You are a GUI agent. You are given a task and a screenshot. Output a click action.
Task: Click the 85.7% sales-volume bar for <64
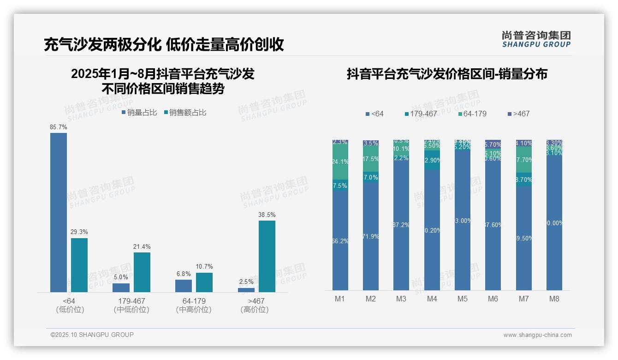(59, 212)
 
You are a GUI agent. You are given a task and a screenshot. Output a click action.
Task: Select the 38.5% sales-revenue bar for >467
(267, 256)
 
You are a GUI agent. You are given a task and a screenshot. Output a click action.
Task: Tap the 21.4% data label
(142, 247)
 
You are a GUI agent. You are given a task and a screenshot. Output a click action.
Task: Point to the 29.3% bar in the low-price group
(79, 265)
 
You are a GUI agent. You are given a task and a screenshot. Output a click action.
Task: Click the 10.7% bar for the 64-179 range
(204, 282)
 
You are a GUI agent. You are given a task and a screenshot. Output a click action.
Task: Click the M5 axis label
(463, 299)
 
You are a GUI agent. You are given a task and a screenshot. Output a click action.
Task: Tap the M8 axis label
(554, 299)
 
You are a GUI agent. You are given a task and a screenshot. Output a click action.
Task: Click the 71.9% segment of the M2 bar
(371, 236)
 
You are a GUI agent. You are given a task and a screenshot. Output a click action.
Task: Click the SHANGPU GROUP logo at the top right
(536, 39)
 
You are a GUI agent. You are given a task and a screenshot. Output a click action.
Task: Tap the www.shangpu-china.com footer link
(537, 335)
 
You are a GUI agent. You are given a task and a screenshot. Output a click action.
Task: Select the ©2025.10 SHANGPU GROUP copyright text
(92, 335)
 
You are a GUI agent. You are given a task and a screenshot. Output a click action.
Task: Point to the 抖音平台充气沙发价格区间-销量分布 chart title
(447, 74)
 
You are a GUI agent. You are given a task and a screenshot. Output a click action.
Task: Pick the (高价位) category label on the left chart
(255, 310)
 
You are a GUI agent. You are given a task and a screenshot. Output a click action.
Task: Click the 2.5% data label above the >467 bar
(246, 282)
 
